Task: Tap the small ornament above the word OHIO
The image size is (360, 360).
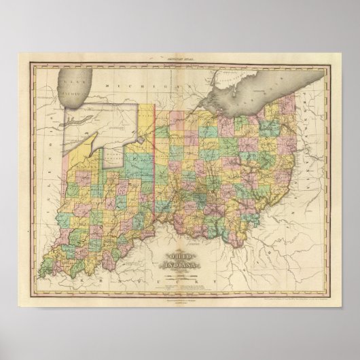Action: point(179,249)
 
